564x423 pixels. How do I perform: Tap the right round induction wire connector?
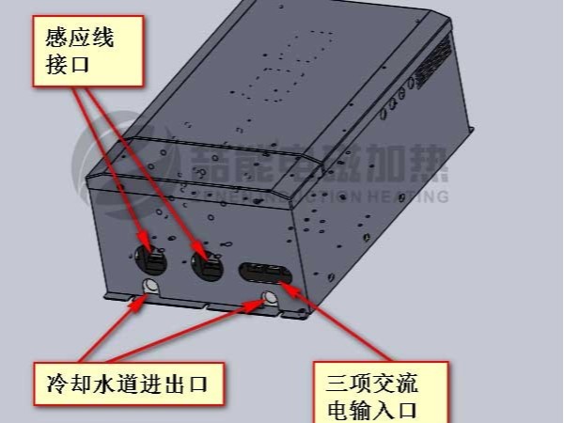[x=205, y=263]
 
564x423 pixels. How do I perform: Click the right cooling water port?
[x=271, y=300]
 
